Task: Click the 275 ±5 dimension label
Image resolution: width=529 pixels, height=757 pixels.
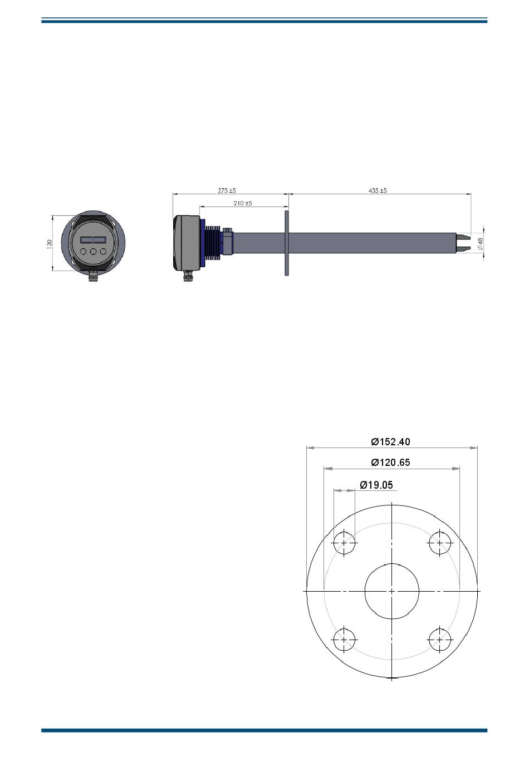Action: click(227, 190)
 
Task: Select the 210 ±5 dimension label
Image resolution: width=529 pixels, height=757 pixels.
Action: click(243, 204)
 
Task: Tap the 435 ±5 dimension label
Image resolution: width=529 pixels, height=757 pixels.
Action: click(378, 190)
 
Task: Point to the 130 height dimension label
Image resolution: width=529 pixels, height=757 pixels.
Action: click(50, 243)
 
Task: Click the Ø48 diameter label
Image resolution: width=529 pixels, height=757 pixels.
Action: click(481, 243)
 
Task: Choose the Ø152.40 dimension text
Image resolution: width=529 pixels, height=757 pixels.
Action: click(390, 442)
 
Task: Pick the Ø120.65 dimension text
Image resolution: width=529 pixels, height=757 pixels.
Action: click(390, 463)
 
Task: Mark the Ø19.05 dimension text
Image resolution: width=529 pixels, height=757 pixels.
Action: click(376, 485)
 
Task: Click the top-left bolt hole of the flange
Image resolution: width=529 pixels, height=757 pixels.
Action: click(344, 543)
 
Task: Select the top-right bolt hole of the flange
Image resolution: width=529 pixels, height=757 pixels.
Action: click(440, 543)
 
